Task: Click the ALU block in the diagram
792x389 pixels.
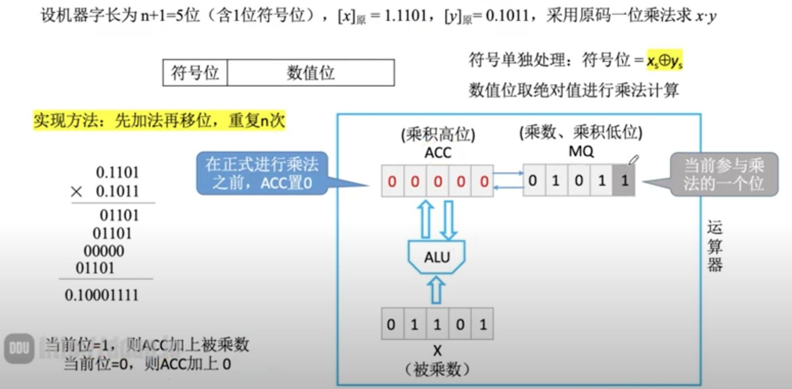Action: tap(436, 257)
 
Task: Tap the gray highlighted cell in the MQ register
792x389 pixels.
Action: tap(624, 180)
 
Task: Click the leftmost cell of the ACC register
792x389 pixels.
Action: tap(392, 181)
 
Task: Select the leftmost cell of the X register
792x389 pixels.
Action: tap(391, 324)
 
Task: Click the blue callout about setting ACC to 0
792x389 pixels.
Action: tap(262, 173)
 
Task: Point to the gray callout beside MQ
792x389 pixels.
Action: tap(723, 174)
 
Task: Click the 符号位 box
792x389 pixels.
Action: tap(195, 73)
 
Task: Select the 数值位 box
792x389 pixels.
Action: tap(310, 73)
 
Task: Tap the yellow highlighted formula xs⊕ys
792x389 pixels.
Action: tap(664, 60)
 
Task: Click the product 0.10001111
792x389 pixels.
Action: tap(102, 295)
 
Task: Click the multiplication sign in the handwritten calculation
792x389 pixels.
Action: tap(77, 191)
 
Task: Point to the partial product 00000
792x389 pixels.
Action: tap(104, 251)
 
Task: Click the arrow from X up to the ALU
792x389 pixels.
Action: tap(436, 290)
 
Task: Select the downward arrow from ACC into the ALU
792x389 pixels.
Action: tap(448, 220)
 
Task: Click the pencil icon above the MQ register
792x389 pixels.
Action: tap(633, 160)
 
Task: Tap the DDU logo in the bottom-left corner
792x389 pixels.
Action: tap(19, 348)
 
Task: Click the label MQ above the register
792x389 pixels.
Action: tap(581, 151)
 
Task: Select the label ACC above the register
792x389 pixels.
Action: tap(437, 153)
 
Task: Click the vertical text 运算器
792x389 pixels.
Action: tap(714, 246)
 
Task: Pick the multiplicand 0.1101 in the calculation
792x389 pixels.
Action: tap(117, 173)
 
